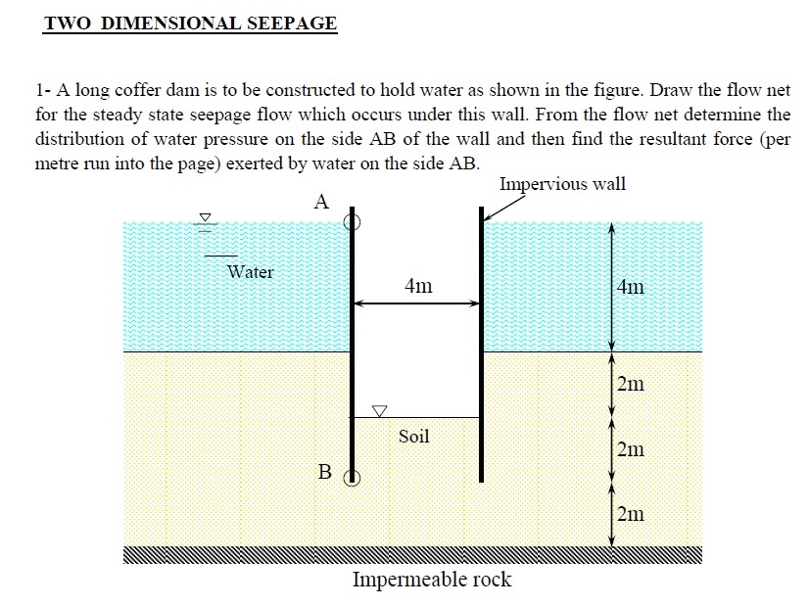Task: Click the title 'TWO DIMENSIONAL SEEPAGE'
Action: pos(191,23)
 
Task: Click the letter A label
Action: pos(321,202)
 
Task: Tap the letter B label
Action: pos(325,471)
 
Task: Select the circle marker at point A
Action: pos(353,222)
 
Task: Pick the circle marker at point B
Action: pos(353,478)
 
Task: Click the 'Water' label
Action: pos(251,271)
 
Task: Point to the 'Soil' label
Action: pos(413,437)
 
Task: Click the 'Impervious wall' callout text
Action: pos(562,184)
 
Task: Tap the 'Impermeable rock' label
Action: pos(432,580)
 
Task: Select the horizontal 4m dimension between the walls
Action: pos(417,303)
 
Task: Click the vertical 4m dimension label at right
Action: pos(631,286)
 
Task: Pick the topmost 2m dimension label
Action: pos(631,384)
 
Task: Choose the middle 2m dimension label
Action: pos(631,449)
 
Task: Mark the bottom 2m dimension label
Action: pos(631,514)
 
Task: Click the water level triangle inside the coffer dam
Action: pos(380,411)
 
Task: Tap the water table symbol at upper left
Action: pos(206,222)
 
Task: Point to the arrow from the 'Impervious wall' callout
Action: pos(502,209)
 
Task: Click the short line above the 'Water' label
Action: pos(221,256)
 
